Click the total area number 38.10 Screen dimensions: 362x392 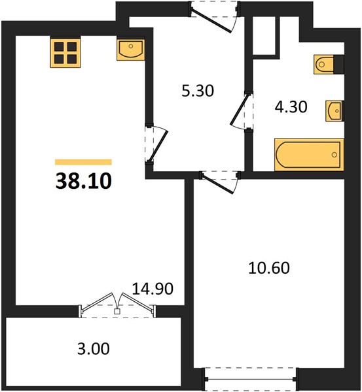(x=83, y=181)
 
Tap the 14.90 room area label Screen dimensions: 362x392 (x=153, y=289)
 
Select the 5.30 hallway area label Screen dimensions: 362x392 (x=198, y=91)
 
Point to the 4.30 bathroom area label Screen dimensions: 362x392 (x=291, y=107)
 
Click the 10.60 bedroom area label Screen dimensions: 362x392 (x=269, y=268)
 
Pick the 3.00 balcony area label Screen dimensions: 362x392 (x=93, y=349)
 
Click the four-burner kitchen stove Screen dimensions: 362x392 (x=65, y=53)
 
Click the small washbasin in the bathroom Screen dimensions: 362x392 (x=335, y=111)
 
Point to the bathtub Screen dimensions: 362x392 (x=309, y=155)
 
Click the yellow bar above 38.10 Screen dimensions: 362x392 (x=83, y=162)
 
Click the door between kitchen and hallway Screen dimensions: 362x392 (x=156, y=144)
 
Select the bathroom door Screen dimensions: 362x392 (x=241, y=111)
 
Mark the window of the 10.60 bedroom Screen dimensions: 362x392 (x=251, y=379)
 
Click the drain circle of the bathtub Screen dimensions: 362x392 (x=335, y=155)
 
